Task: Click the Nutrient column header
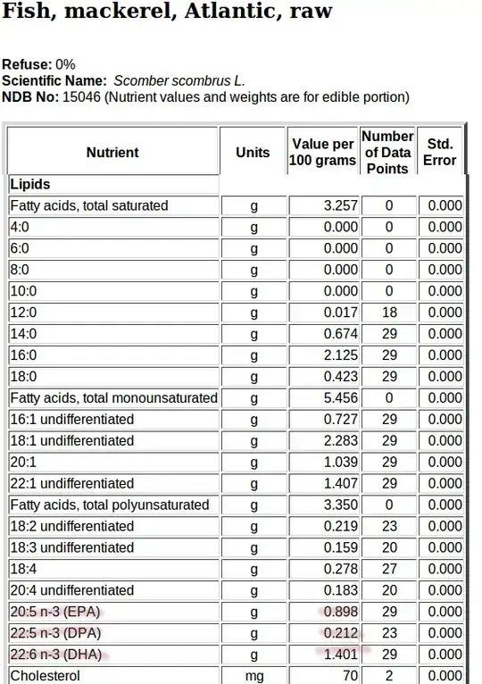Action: (x=112, y=153)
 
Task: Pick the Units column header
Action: (x=253, y=153)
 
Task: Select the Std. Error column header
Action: (x=440, y=153)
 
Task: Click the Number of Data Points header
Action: (x=387, y=153)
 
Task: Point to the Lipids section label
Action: (x=30, y=184)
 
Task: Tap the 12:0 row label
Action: (x=22, y=313)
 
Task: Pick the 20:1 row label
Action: (x=22, y=463)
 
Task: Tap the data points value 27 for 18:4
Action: (x=389, y=570)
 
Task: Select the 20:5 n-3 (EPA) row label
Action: (x=55, y=613)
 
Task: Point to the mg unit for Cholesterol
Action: (x=253, y=677)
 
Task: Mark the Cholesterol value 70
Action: (x=349, y=677)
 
